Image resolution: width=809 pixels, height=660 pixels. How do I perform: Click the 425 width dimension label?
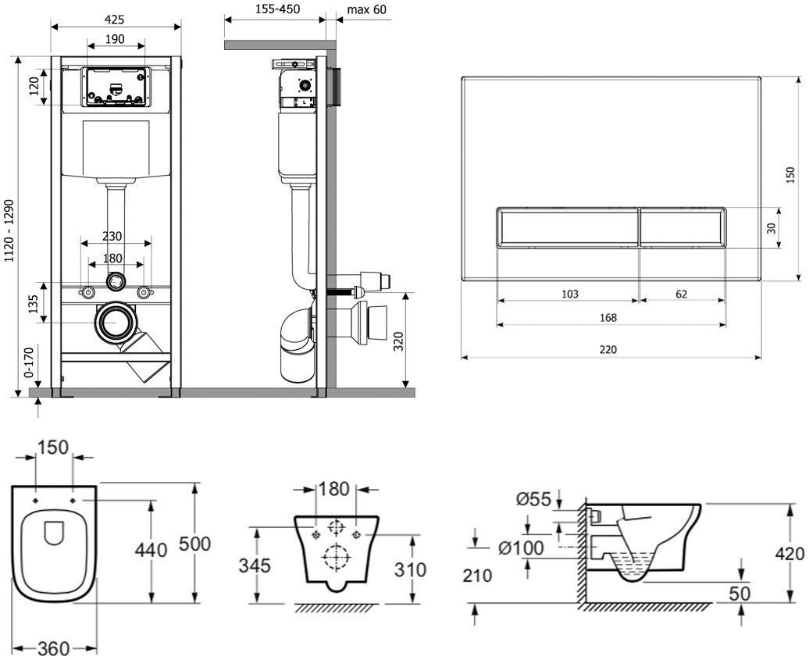(x=114, y=20)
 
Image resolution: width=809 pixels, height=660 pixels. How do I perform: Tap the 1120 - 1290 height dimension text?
(x=9, y=230)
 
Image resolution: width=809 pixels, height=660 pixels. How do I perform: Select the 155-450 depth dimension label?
(x=277, y=9)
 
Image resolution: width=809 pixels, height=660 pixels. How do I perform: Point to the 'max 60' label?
(x=366, y=9)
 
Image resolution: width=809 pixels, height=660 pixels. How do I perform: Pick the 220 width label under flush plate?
(x=608, y=349)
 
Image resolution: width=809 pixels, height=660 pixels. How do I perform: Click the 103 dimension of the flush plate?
(x=569, y=294)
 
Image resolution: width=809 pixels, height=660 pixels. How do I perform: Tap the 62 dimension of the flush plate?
(x=682, y=294)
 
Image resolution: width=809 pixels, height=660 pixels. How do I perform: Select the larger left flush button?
(x=568, y=227)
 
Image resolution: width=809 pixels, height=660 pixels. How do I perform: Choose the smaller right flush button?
(x=682, y=227)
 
